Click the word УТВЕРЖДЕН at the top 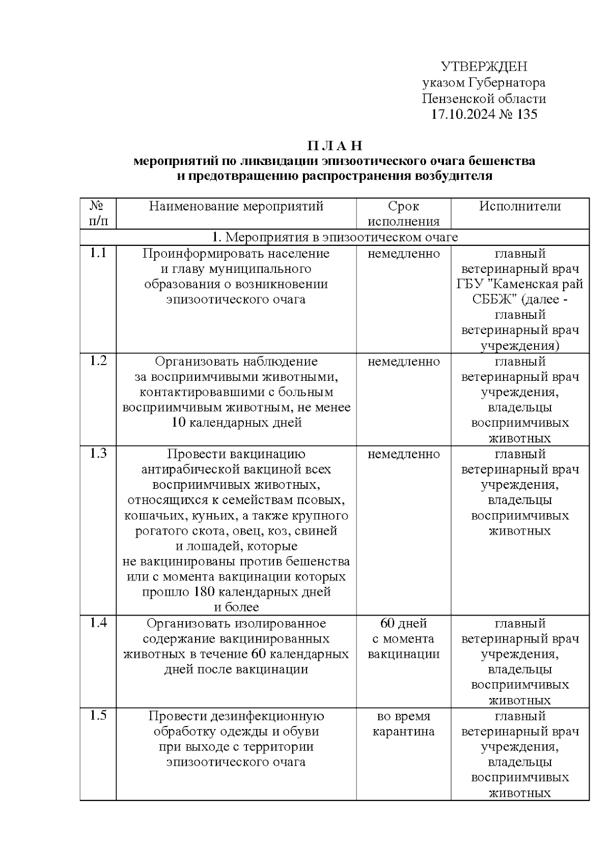pyautogui.click(x=484, y=67)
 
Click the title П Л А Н pyautogui.click(x=334, y=146)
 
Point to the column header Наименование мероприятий pyautogui.click(x=236, y=206)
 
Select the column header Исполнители pyautogui.click(x=520, y=206)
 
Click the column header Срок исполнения pyautogui.click(x=403, y=214)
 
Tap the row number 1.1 pyautogui.click(x=98, y=253)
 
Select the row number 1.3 pyautogui.click(x=98, y=454)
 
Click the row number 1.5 pyautogui.click(x=98, y=716)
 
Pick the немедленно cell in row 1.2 pyautogui.click(x=403, y=361)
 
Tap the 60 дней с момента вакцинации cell pyautogui.click(x=403, y=638)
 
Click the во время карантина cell pyautogui.click(x=403, y=724)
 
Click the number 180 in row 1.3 pyautogui.click(x=206, y=592)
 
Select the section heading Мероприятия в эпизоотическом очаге pyautogui.click(x=341, y=237)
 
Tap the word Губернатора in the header pyautogui.click(x=507, y=82)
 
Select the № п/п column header pyautogui.click(x=98, y=214)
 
